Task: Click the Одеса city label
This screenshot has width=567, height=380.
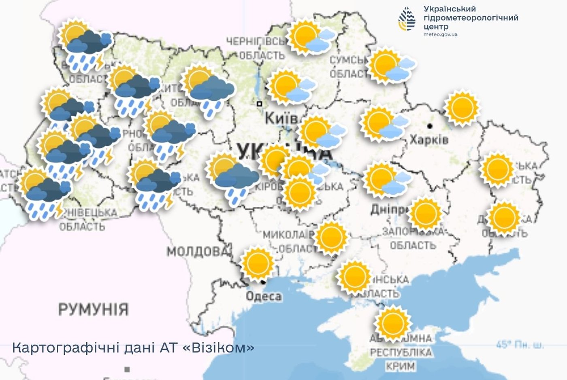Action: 264,296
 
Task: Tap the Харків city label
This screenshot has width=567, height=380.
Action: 429,140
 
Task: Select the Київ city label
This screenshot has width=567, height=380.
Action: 281,119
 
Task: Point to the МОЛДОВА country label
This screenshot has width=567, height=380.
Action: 197,251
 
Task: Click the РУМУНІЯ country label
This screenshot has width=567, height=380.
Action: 94,310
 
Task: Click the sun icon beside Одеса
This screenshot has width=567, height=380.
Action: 257,263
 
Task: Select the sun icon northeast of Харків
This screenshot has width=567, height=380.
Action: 462,108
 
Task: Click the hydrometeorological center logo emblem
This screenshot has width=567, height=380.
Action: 407,19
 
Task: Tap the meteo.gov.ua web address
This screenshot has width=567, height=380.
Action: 440,34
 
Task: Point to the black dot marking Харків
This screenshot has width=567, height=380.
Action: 430,126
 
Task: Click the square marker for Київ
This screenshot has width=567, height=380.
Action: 260,104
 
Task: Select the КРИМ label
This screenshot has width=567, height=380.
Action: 400,366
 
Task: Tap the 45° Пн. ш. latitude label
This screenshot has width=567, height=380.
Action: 520,345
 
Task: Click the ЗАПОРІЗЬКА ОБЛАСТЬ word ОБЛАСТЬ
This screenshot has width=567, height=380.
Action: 413,245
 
